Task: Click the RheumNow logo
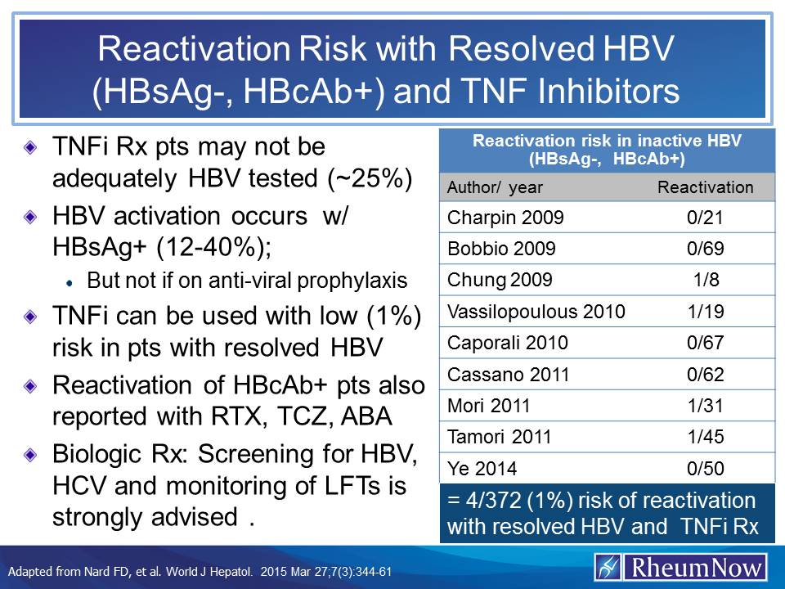pyautogui.click(x=680, y=566)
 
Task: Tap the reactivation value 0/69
pyautogui.click(x=706, y=249)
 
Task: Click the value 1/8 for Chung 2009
pyautogui.click(x=706, y=280)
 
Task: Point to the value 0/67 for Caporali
pyautogui.click(x=706, y=343)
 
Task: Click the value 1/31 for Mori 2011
pyautogui.click(x=706, y=405)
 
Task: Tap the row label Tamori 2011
pyautogui.click(x=493, y=437)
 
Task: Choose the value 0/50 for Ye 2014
pyautogui.click(x=706, y=468)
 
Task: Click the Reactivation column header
pyautogui.click(x=706, y=187)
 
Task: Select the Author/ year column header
pyautogui.click(x=495, y=187)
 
